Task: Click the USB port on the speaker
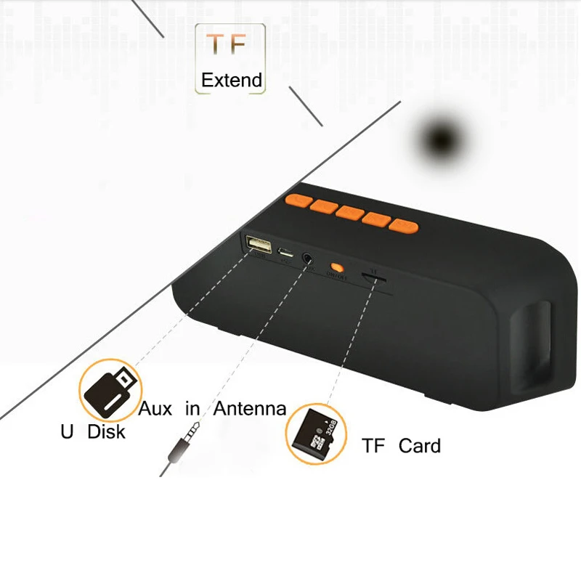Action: [x=257, y=245]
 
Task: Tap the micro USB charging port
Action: [x=287, y=253]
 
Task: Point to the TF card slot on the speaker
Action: [x=375, y=280]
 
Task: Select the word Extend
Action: [x=232, y=80]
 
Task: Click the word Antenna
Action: [x=250, y=409]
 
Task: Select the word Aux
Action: [x=155, y=409]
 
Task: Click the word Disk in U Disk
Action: [x=107, y=432]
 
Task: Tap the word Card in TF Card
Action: [x=419, y=445]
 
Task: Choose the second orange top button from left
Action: [x=322, y=206]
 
